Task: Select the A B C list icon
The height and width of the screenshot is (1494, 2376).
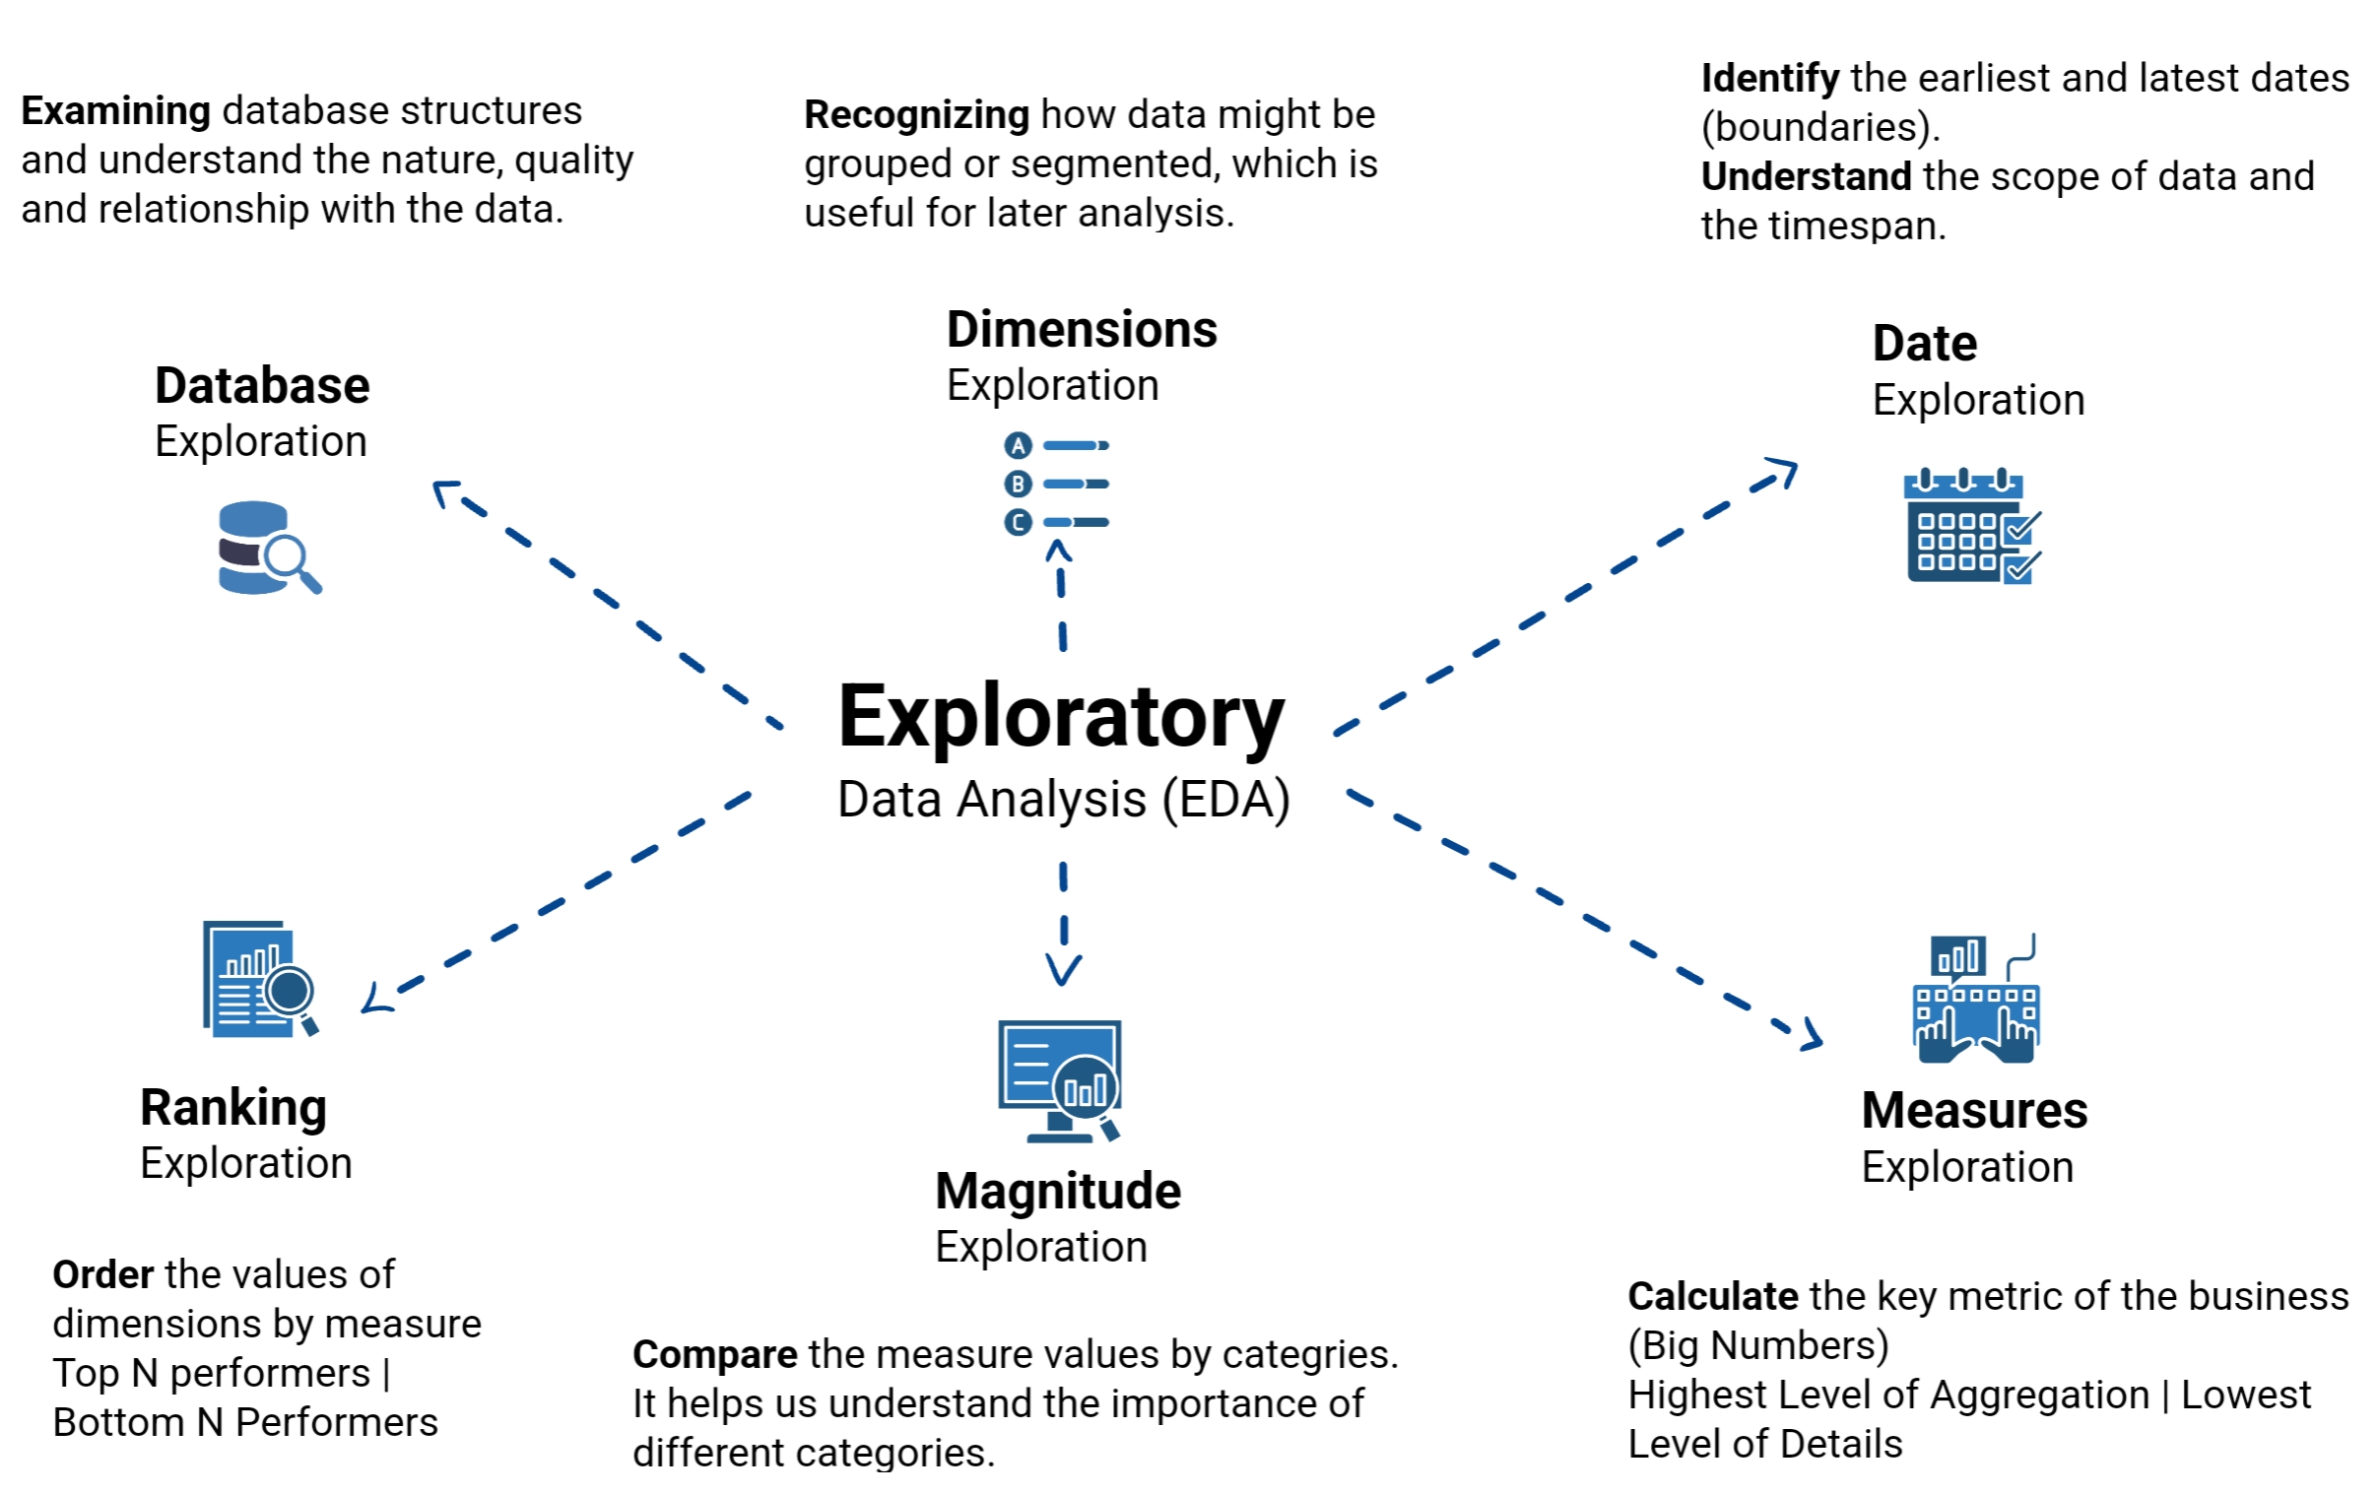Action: (1056, 484)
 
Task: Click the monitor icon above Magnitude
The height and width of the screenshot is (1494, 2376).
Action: (1060, 1080)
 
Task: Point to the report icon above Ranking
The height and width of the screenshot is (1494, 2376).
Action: (258, 979)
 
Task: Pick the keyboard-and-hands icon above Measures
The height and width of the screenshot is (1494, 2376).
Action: (1975, 999)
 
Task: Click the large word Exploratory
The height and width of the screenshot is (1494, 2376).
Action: (1061, 717)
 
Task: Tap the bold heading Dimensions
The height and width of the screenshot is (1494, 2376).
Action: (1082, 330)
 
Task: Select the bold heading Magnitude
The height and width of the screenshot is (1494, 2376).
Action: (1058, 1191)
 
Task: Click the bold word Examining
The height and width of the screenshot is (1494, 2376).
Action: (115, 110)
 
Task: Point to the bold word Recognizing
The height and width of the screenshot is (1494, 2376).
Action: (917, 114)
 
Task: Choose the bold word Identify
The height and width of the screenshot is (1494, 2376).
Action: (1769, 78)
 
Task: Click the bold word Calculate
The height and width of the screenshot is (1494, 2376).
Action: (1712, 1297)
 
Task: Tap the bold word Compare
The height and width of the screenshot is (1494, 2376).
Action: (714, 1355)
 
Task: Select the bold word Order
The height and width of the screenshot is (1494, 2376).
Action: (102, 1275)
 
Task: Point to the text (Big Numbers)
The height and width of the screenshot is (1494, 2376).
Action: (1757, 1346)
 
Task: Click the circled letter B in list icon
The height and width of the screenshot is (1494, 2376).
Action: (1018, 485)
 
